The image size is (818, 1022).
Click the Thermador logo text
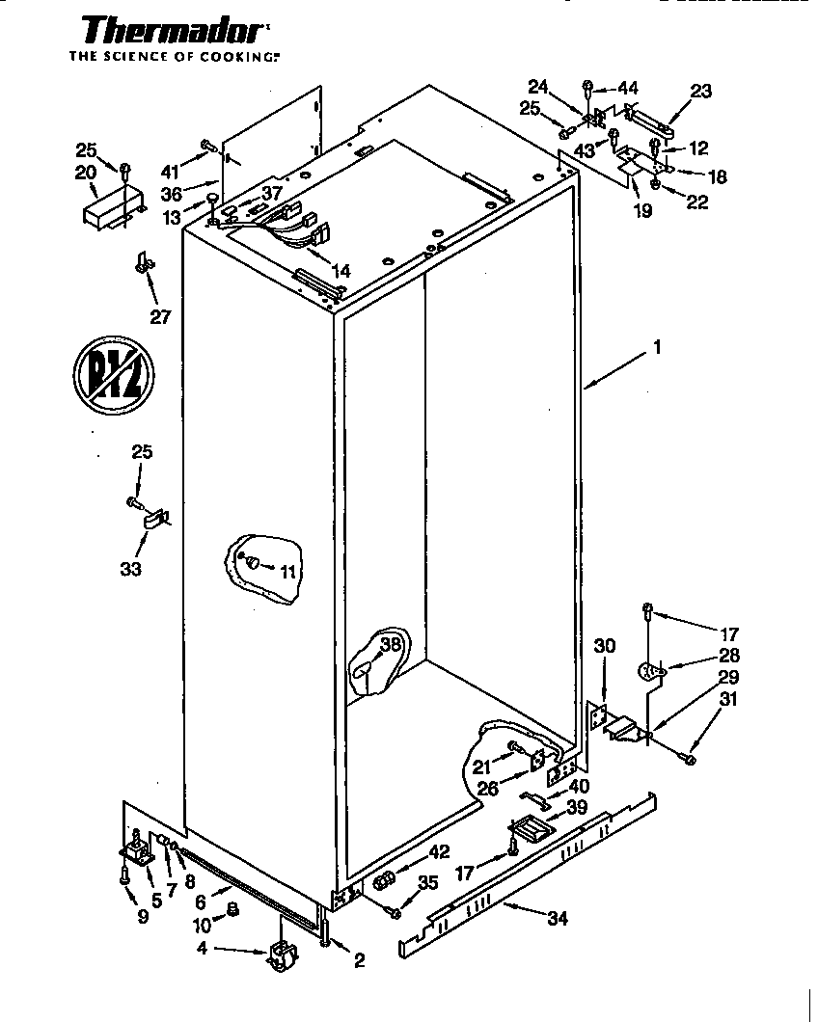[x=168, y=31]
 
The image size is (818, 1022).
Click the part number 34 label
[x=557, y=918]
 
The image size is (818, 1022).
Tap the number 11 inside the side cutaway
[x=286, y=572]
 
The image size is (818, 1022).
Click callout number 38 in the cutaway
[x=389, y=646]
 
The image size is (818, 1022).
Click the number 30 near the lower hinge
[x=604, y=648]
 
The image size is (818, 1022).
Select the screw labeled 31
[x=691, y=760]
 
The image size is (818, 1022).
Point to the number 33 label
[x=131, y=569]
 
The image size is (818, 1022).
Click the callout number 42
[x=440, y=851]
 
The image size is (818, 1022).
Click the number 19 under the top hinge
[x=641, y=210]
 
